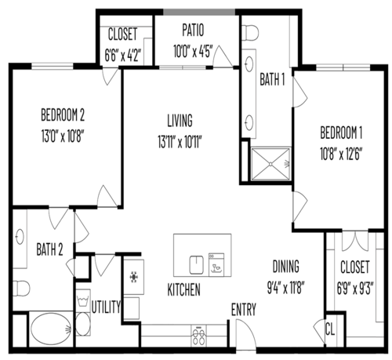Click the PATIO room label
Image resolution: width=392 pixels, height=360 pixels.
[193, 31]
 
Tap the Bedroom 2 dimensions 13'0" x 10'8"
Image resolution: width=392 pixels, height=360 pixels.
[63, 136]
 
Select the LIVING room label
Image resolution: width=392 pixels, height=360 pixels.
[180, 121]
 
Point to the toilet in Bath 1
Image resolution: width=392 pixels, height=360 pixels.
[250, 33]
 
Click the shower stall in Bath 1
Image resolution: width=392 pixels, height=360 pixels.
[270, 164]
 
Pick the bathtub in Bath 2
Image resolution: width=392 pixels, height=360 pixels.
[51, 329]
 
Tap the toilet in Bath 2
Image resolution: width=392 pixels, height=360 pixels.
[21, 289]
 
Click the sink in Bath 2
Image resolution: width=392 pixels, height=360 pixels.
[20, 237]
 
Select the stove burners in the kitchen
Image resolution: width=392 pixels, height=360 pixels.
[198, 336]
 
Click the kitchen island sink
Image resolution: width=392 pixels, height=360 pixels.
[197, 265]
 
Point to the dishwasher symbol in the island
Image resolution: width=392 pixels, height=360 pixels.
[216, 264]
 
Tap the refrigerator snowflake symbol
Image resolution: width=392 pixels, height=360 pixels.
[134, 277]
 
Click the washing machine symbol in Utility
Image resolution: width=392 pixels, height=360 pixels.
[83, 301]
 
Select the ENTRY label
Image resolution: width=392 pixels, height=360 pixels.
[244, 310]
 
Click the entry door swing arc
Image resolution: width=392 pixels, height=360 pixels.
[249, 331]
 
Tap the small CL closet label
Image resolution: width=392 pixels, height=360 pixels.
[330, 329]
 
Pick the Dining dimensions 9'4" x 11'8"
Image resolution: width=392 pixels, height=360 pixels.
[286, 287]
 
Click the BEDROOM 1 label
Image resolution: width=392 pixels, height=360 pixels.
[341, 133]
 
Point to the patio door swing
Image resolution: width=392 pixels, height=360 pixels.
[222, 56]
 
